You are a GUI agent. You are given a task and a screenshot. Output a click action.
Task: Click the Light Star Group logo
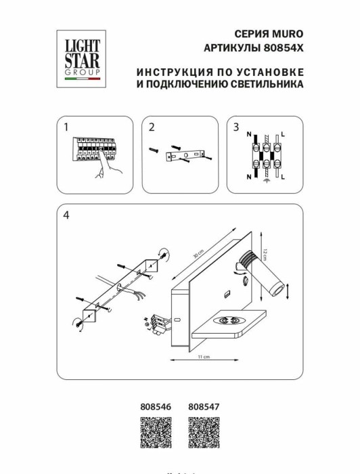[x=82, y=56]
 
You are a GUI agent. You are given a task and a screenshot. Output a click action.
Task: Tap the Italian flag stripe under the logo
[x=82, y=80]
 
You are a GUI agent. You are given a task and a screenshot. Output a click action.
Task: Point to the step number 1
[x=66, y=127]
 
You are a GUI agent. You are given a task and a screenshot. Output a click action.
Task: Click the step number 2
[x=152, y=127]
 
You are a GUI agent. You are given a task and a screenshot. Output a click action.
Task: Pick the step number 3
[x=236, y=127]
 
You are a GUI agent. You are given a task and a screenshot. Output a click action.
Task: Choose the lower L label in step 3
[x=282, y=177]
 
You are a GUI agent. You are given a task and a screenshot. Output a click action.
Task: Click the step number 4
[x=66, y=215]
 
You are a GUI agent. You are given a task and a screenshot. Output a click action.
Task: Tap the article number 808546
[x=155, y=407]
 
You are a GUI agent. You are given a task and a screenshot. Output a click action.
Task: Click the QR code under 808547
[x=202, y=433]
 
